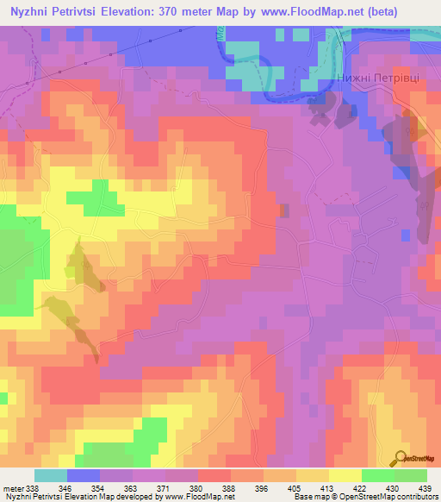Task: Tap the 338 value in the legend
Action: pyautogui.click(x=31, y=487)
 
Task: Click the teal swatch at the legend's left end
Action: pyautogui.click(x=51, y=475)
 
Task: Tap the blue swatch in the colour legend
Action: pyautogui.click(x=84, y=475)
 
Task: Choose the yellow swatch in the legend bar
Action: pyautogui.click(x=345, y=475)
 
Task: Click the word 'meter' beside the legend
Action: pyautogui.click(x=11, y=487)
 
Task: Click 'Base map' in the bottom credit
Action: pyautogui.click(x=307, y=498)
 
